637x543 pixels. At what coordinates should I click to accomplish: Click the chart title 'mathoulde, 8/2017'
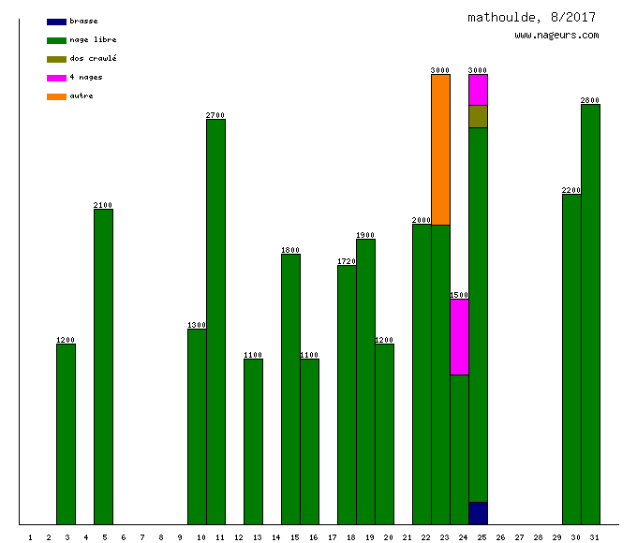[x=531, y=17]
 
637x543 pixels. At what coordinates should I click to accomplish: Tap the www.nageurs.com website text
[x=556, y=36]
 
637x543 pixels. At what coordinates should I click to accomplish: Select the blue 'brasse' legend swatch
[x=56, y=22]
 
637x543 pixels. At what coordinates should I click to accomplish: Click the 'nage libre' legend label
[x=93, y=40]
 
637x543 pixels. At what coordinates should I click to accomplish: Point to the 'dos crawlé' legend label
[x=93, y=59]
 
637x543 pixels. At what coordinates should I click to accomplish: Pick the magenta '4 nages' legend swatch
[x=56, y=78]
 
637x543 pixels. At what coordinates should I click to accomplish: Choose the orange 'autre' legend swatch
[x=56, y=96]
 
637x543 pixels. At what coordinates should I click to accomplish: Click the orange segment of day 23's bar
[x=440, y=150]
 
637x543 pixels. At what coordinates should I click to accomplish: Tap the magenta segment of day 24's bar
[x=459, y=337]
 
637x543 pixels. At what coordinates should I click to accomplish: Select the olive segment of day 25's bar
[x=478, y=116]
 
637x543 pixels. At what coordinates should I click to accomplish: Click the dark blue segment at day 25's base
[x=478, y=513]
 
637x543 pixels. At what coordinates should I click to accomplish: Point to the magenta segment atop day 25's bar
[x=478, y=90]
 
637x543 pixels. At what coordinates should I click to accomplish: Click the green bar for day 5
[x=103, y=366]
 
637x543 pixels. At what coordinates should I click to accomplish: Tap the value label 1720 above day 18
[x=347, y=261]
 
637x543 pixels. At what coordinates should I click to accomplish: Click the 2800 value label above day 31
[x=590, y=100]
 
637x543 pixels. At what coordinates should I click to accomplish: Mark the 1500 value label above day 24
[x=459, y=295]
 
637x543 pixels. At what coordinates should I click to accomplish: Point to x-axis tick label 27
[x=519, y=537]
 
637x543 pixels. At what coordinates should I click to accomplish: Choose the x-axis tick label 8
[x=160, y=537]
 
